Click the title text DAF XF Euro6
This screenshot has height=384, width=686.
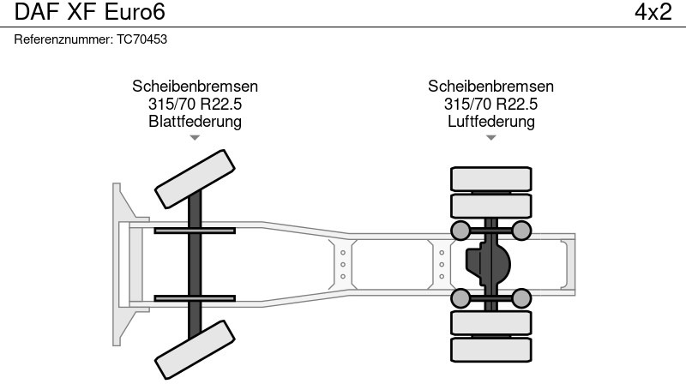coord(84,13)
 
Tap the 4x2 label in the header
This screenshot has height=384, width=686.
coord(653,13)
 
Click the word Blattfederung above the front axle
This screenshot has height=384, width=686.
coord(195,121)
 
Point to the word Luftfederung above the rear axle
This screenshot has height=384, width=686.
coord(490,121)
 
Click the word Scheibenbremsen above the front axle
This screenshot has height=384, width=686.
coord(195,87)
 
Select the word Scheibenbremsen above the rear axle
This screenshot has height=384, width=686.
coord(490,87)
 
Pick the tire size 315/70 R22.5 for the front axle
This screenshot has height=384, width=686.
coord(195,104)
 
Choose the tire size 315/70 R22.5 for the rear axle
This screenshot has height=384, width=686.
coord(490,104)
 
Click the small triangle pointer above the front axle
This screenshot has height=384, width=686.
coord(195,137)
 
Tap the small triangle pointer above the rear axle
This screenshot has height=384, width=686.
coord(490,137)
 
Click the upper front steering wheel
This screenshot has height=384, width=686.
coord(195,178)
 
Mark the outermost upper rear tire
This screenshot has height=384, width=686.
coord(490,178)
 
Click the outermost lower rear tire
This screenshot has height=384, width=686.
coord(490,350)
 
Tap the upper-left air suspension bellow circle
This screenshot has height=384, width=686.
coord(460,230)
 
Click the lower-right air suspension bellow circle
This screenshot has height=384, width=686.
coord(521,297)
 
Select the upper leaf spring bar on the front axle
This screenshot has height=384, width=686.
coord(196,230)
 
